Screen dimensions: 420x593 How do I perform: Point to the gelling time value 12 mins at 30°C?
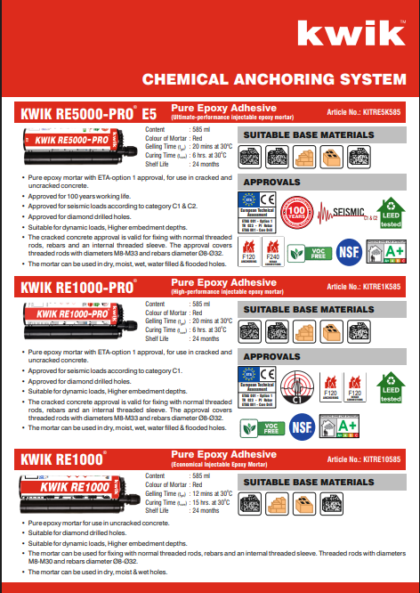pyautogui.click(x=212, y=492)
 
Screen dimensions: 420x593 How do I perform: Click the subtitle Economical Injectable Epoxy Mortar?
pyautogui.click(x=220, y=466)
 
